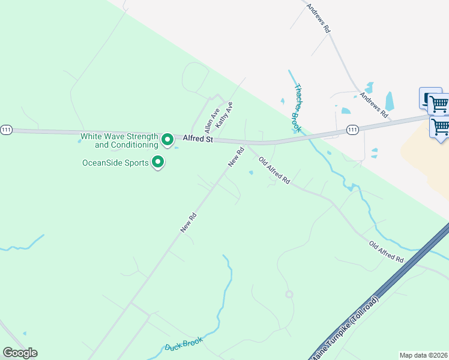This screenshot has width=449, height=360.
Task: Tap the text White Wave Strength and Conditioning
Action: (119, 140)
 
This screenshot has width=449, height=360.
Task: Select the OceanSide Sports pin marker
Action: (158, 162)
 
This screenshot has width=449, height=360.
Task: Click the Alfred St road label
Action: (197, 139)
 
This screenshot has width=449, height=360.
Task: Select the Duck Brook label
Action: (183, 344)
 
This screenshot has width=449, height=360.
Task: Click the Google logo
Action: (20, 353)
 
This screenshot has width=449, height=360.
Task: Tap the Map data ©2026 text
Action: (423, 355)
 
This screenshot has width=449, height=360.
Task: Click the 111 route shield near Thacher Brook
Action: (352, 129)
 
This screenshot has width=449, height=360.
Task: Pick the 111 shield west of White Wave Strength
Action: (6, 130)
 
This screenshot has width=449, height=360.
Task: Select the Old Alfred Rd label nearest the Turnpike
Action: (386, 251)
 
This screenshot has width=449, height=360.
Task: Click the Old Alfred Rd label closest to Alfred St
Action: (274, 170)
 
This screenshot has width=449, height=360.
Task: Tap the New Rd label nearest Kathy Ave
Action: (235, 157)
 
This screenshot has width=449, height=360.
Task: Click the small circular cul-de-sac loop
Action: (289, 294)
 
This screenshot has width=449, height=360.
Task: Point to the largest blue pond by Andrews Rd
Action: (390, 101)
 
